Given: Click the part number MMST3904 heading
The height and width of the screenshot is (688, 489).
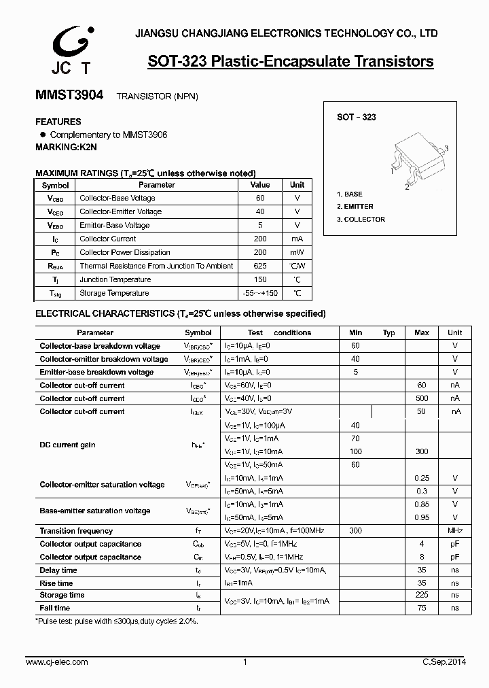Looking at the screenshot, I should pos(69,96).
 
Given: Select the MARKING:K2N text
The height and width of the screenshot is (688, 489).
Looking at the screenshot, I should pos(66,147).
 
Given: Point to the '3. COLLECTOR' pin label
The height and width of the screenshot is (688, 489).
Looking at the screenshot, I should pos(361,220).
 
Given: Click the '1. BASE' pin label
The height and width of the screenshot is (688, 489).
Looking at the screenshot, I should pos(350,194).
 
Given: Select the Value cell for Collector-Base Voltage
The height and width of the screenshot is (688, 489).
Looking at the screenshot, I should pos(260,198).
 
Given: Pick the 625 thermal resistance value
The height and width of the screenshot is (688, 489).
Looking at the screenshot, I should pos(260,266).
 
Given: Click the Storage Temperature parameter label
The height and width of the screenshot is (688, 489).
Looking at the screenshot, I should pos(114,293).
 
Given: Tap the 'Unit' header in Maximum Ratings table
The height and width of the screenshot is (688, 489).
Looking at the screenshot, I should pos(297,185).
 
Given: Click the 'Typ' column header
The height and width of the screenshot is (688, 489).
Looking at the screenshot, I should pos(388,332).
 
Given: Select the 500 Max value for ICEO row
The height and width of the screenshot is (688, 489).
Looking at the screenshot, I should pos(422,398).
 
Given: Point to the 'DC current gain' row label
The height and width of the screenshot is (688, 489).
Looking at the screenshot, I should pos(67,445).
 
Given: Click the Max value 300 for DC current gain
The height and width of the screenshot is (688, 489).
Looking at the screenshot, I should pos(422,451).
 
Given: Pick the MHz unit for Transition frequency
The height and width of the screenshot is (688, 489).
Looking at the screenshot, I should pos(454,530).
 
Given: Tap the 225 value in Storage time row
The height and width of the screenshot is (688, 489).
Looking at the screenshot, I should pos(422,595).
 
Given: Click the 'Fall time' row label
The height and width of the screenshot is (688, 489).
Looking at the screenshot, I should pos(55,608).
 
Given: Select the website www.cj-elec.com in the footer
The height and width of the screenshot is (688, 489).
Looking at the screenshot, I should pos(57,661).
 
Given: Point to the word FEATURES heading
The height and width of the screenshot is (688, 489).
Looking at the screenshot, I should pos(58,122).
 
